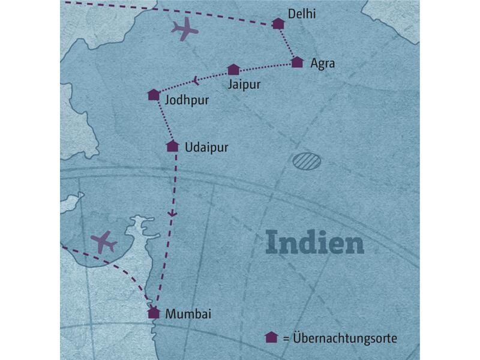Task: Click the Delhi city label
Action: tap(302, 14)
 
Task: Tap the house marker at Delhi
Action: tap(278, 23)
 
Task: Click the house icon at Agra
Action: tap(297, 62)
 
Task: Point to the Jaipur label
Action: tap(244, 85)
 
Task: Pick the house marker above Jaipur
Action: tap(233, 70)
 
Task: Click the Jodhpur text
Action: tap(187, 100)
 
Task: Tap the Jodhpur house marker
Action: tap(154, 95)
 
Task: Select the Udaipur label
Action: tap(207, 146)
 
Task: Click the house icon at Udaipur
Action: tap(172, 146)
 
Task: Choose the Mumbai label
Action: tap(189, 313)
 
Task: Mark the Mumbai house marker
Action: tap(154, 312)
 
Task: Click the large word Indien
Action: tap(315, 244)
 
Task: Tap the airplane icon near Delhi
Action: tap(185, 28)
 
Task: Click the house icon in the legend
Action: tap(271, 338)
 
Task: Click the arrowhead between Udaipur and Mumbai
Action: tap(173, 214)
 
